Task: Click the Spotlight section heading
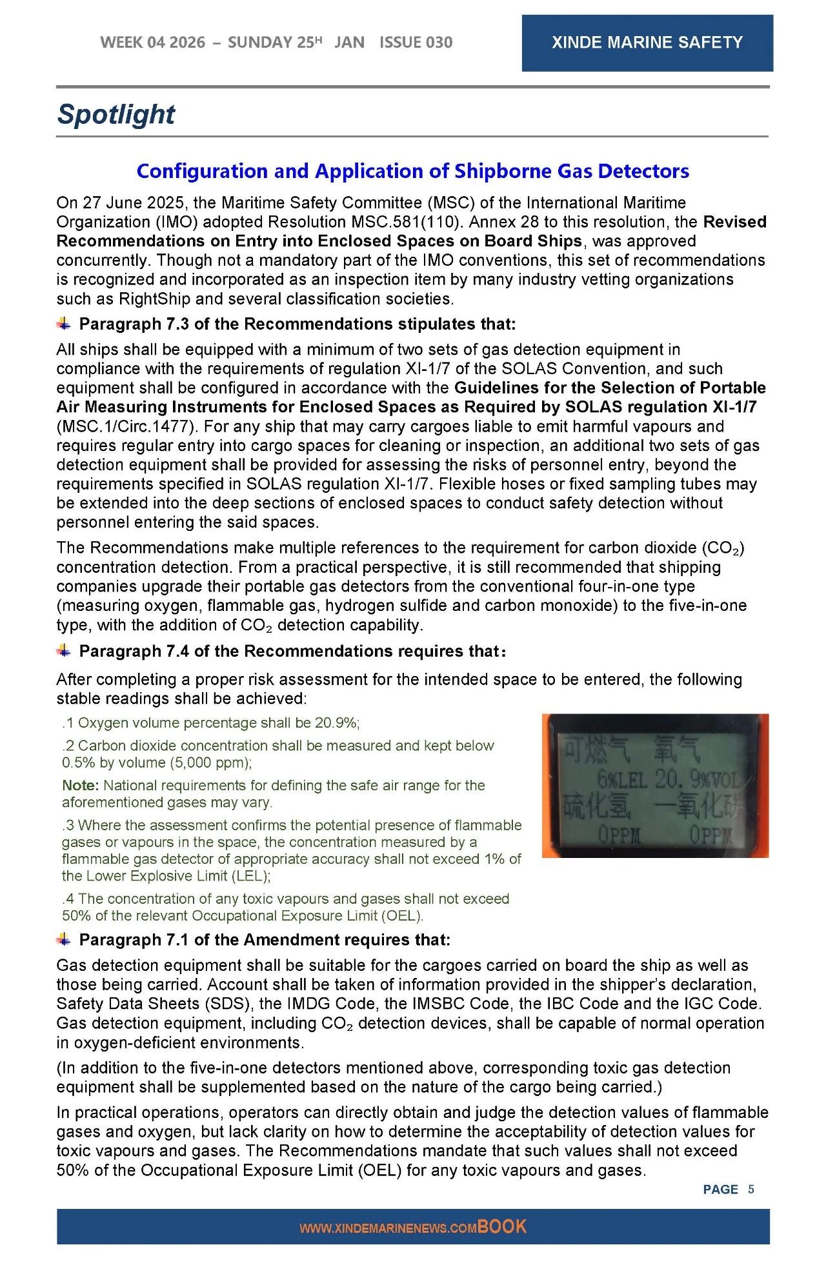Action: tap(116, 114)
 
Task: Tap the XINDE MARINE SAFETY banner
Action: tap(647, 43)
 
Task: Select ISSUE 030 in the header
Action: tap(416, 43)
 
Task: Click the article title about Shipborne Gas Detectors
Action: tap(412, 171)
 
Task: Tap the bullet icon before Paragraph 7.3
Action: tap(64, 323)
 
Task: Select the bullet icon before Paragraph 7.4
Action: tap(64, 650)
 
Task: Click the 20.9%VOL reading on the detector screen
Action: tap(699, 779)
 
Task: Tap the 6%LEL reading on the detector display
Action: tap(621, 779)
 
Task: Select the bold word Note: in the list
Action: tap(81, 785)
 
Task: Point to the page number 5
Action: tap(751, 1189)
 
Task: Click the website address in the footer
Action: tap(387, 1228)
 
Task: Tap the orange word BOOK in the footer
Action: tap(502, 1226)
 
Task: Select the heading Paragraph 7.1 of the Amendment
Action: tap(265, 940)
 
